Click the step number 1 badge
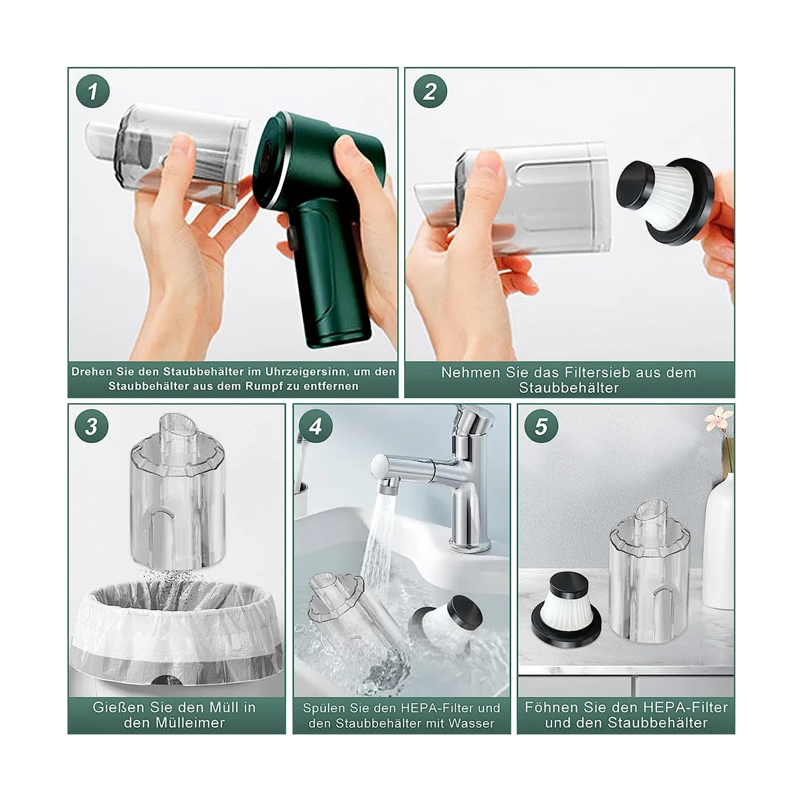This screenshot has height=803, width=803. [x=92, y=91]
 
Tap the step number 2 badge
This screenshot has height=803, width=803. [x=430, y=91]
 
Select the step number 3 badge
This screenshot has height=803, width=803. [x=92, y=426]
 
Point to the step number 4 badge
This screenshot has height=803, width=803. [x=315, y=426]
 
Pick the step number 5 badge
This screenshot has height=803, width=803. [x=541, y=426]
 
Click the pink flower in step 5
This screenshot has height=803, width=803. [x=719, y=419]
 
